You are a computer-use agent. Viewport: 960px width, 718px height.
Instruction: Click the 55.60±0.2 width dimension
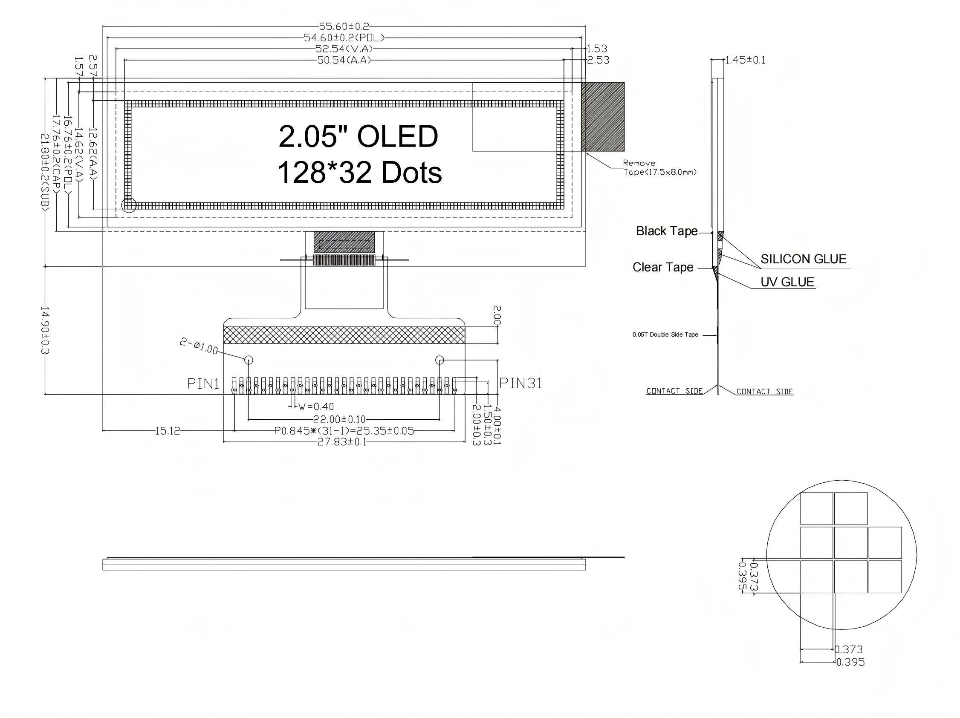[344, 26]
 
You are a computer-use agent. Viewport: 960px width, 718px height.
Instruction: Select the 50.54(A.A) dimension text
[344, 60]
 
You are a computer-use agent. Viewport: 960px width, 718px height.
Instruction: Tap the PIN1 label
[203, 384]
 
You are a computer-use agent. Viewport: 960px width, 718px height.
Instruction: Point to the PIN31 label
[520, 383]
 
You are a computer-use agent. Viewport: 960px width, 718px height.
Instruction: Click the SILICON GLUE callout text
[803, 259]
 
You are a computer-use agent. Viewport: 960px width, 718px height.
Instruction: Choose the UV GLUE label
[787, 282]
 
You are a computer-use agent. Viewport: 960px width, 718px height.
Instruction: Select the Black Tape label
[667, 231]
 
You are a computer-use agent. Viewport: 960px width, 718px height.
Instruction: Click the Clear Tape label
[663, 267]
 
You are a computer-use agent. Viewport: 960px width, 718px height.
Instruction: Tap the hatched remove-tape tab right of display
[603, 117]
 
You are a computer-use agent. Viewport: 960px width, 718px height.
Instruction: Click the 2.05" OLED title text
[358, 136]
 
